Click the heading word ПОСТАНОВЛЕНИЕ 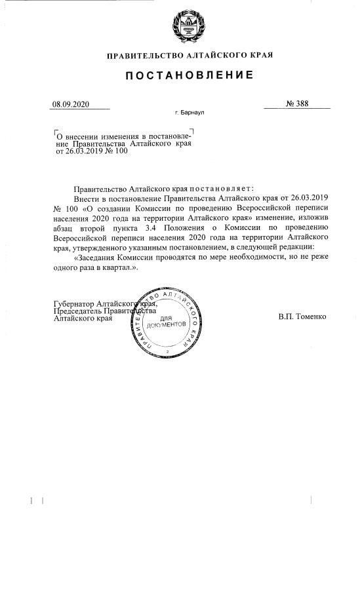(190, 75)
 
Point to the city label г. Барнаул (190, 113)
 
